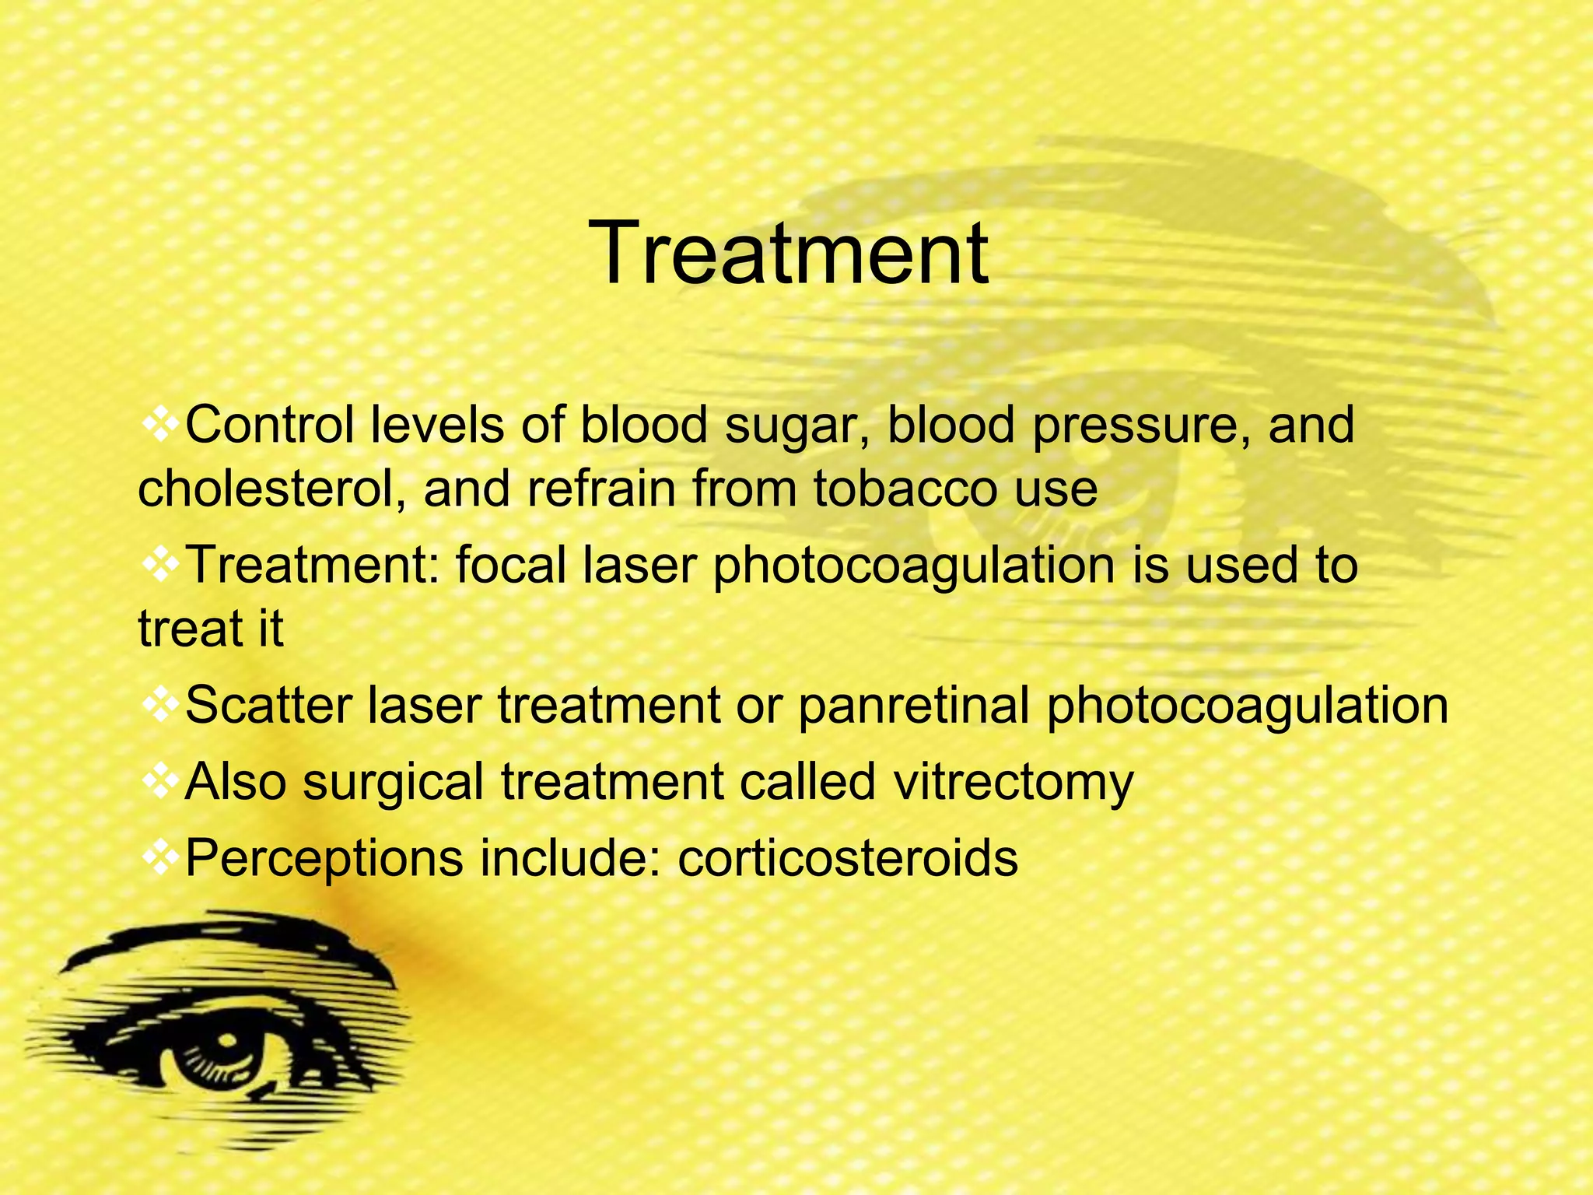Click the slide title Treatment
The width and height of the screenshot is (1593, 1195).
coord(791,254)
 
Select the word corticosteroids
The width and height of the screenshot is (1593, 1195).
coord(848,858)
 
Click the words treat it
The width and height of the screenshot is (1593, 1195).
coord(211,628)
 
